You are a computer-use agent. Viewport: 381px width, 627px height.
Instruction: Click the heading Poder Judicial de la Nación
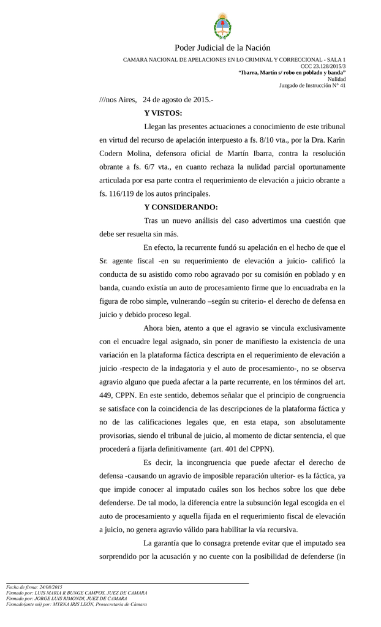222,48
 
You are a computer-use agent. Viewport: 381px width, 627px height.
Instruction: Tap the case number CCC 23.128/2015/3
323,66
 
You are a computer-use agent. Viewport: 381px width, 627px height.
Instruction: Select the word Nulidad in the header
336,79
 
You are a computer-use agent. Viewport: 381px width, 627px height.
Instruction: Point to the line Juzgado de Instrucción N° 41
312,86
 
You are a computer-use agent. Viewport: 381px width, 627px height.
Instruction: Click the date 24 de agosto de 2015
177,99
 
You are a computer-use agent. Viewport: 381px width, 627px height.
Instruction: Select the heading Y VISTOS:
163,113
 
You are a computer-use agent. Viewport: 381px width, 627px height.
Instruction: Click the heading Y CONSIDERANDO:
181,207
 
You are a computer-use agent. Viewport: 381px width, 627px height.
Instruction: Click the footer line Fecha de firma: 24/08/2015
34,587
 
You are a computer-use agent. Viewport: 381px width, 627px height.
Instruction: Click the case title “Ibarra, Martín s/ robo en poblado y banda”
292,73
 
